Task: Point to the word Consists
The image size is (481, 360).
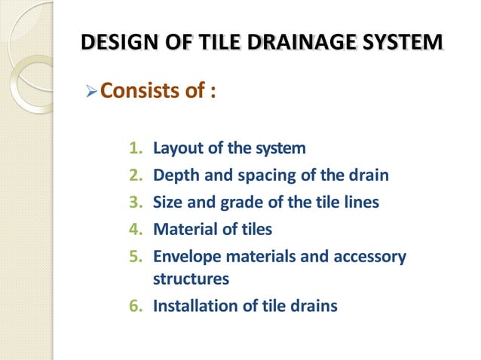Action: [x=140, y=92]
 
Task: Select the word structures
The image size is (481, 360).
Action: [x=190, y=279]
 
